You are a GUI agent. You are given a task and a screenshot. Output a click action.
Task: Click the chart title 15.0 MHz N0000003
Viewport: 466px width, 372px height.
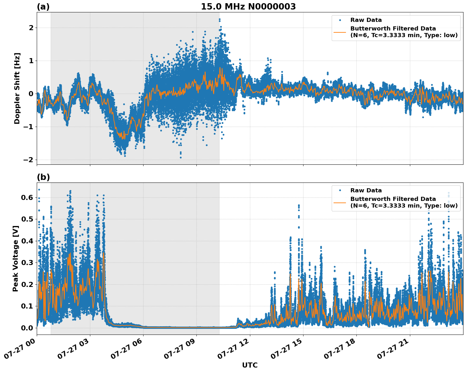tap(248, 7)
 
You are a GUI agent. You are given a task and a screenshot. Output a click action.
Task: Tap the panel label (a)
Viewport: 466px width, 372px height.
tap(43, 7)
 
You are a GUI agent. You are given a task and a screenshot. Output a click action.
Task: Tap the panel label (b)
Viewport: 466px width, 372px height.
tap(43, 177)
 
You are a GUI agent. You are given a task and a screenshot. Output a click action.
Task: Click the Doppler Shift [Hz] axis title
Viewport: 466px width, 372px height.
tap(17, 88)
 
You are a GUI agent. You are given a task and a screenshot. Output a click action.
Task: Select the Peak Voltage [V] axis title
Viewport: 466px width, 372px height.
tap(16, 258)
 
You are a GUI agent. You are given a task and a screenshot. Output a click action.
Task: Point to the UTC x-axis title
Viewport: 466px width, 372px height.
tap(250, 365)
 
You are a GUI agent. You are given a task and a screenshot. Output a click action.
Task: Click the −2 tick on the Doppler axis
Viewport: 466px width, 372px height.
tap(28, 160)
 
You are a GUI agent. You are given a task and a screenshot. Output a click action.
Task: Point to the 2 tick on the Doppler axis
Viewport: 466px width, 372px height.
tap(31, 28)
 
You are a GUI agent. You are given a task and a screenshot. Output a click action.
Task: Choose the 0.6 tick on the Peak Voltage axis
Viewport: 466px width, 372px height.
tap(27, 197)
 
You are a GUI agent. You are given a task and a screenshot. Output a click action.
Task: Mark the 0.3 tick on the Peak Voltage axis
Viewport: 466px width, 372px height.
tap(27, 262)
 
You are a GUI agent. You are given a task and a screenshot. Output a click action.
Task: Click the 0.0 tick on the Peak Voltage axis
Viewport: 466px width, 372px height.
tap(27, 328)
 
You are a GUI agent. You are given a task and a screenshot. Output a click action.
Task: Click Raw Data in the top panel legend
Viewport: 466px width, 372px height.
tap(366, 20)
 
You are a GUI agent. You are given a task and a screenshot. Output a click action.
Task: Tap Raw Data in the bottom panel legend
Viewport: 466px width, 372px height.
tap(366, 190)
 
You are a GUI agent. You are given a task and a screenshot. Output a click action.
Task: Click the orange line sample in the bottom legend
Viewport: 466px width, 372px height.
tap(340, 202)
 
